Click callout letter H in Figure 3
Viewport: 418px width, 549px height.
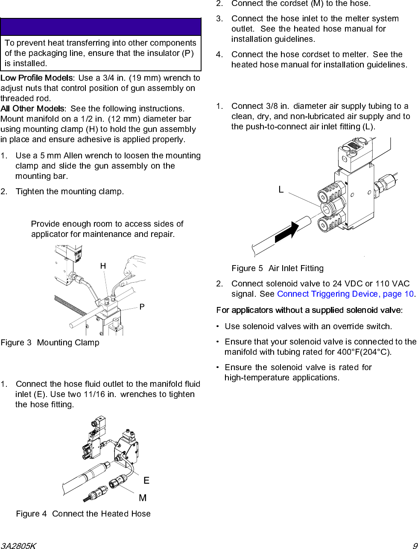103,266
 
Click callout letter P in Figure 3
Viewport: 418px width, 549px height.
142,307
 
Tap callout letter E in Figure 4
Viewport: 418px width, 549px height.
146,481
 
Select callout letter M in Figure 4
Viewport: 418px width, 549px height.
143,498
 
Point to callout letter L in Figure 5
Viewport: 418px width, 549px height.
281,190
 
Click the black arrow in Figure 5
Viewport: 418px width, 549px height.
286,232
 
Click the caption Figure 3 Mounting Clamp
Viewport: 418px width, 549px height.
50,342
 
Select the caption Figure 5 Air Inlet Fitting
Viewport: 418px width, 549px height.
278,268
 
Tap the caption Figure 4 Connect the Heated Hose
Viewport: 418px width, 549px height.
83,514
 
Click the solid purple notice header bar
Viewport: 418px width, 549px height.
101,27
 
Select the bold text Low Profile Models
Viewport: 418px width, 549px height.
37,78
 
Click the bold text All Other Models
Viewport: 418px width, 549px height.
33,108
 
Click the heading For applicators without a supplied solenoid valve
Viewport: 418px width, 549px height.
309,310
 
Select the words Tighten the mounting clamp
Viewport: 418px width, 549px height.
70,191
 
